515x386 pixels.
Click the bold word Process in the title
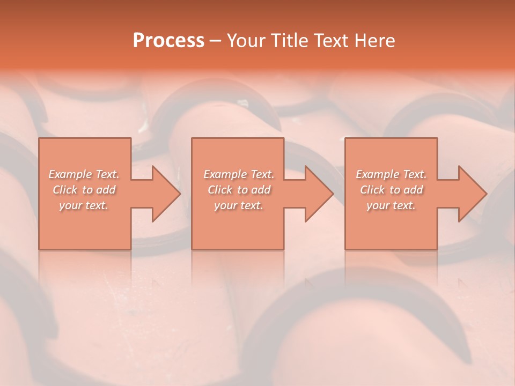coord(168,41)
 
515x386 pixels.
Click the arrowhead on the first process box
coord(164,194)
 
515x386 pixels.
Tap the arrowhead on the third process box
coord(470,194)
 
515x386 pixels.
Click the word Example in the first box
coord(70,174)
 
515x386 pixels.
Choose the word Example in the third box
coord(377,174)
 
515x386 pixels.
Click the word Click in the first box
coord(65,190)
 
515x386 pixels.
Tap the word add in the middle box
coord(261,190)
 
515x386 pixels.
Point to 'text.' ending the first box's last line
coord(97,205)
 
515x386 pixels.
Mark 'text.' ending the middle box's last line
coord(252,205)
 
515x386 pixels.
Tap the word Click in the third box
coord(372,190)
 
